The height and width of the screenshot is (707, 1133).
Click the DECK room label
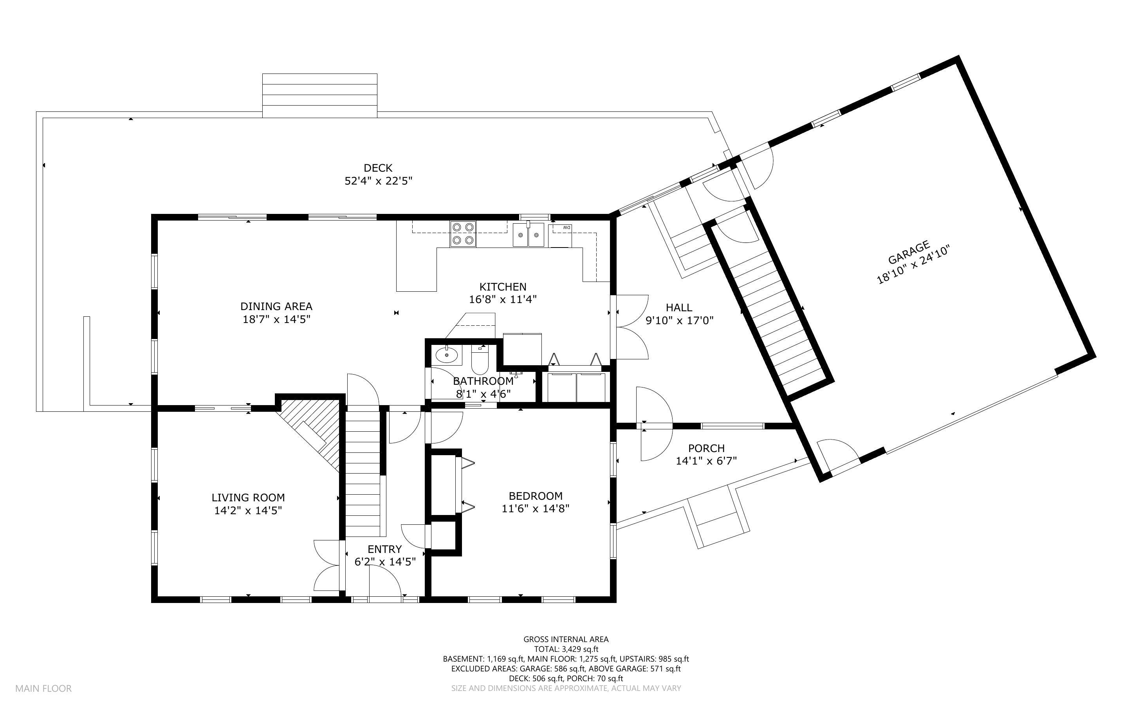tap(378, 168)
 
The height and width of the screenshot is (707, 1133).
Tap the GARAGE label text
tap(908, 253)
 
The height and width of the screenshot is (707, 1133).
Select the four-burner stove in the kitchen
tap(463, 234)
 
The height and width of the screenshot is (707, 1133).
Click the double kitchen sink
tap(529, 235)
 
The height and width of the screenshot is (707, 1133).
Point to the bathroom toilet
tap(480, 358)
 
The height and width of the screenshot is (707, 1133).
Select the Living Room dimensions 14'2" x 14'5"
tap(248, 511)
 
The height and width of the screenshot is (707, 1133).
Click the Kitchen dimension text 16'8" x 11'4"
tap(503, 299)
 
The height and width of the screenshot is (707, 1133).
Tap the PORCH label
tap(706, 449)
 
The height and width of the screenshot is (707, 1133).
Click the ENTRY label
tap(385, 549)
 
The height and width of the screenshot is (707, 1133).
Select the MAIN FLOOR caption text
tap(43, 688)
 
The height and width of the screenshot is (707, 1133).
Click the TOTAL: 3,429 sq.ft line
tap(566, 649)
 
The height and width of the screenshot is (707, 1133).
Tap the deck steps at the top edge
tap(319, 95)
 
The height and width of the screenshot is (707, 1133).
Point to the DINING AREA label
tap(276, 306)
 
